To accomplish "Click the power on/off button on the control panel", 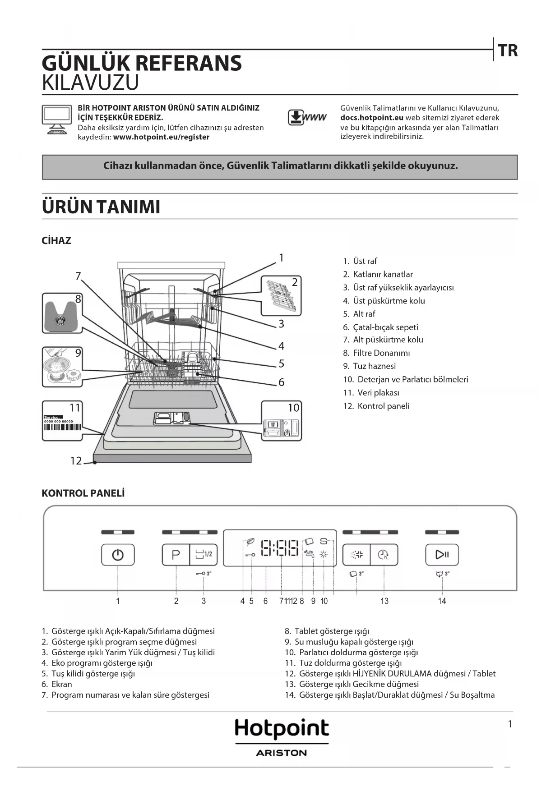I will [118, 554].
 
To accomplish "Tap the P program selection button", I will [176, 554].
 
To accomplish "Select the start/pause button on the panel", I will [442, 554].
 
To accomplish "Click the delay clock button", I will [384, 554].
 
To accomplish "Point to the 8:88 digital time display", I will [280, 548].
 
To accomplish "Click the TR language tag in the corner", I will [508, 50].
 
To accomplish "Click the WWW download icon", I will [307, 117].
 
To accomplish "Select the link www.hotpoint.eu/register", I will [161, 137].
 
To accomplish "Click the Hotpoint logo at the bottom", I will [282, 729].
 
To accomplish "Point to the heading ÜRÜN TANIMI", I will [101, 207].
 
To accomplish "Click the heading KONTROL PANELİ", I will [83, 493].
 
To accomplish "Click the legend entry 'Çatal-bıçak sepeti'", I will [385, 327].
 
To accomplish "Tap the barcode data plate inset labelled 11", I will [62, 421].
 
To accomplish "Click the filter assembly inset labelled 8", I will [62, 313].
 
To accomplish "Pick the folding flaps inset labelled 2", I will [281, 295].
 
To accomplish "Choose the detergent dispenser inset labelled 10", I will [282, 421].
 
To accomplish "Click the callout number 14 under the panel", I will [442, 601].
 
